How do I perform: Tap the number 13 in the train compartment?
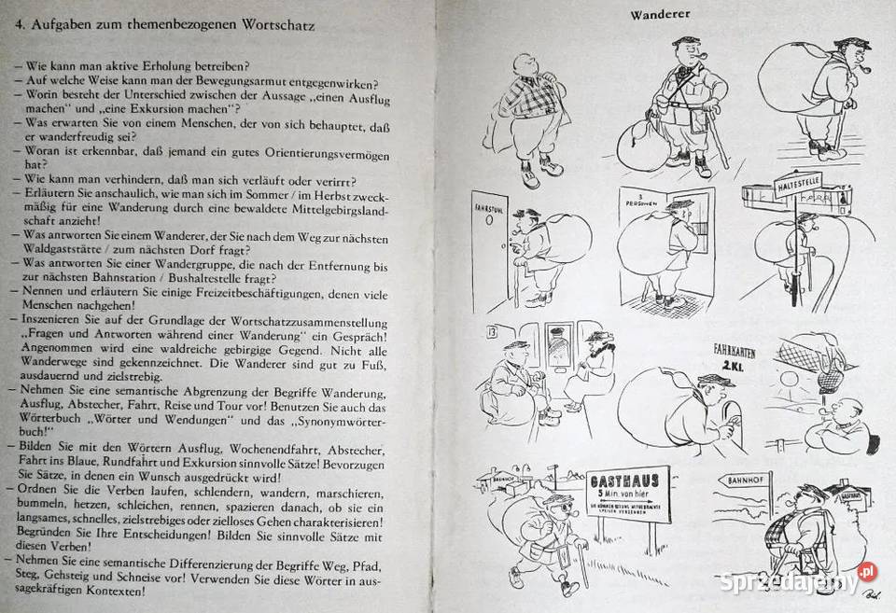click(493, 331)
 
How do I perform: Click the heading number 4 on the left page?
click(19, 26)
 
